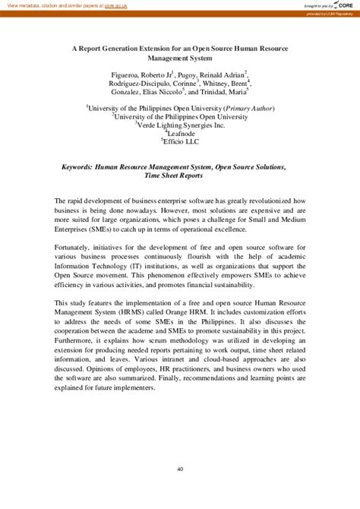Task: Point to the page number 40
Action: pos(180,447)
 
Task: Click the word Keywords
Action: pos(81,166)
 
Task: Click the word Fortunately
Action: pos(77,247)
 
